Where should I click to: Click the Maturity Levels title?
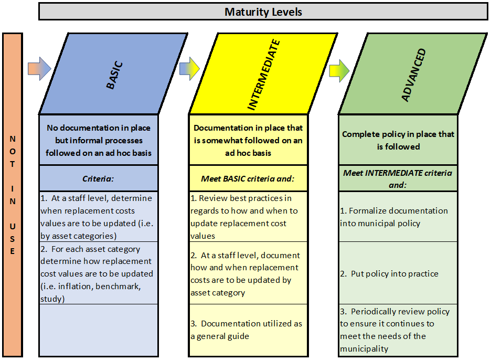click(263, 12)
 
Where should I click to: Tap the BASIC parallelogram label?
click(114, 75)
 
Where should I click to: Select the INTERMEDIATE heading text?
click(263, 75)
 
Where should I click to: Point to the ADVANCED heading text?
click(414, 75)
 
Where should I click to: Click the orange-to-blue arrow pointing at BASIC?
click(39, 69)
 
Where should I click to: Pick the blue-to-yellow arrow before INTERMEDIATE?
click(189, 69)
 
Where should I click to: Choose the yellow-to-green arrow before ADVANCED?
click(339, 71)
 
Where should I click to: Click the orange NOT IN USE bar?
click(13, 195)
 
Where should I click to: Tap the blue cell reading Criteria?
click(98, 178)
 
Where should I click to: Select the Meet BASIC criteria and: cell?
click(248, 178)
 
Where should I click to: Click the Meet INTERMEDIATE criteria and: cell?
click(398, 178)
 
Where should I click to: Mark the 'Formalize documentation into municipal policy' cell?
click(398, 217)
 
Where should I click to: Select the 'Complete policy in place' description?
click(398, 140)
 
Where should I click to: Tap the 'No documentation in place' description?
click(98, 140)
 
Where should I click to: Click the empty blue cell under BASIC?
click(98, 330)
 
